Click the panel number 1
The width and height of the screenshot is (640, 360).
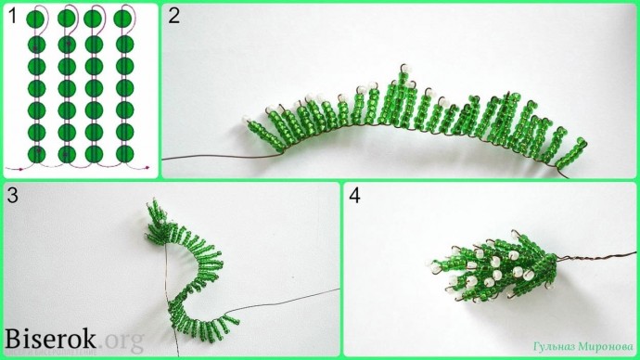click(13, 17)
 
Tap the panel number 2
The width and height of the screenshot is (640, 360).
click(173, 17)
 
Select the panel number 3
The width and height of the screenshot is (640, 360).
click(13, 196)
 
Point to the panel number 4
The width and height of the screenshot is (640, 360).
click(354, 196)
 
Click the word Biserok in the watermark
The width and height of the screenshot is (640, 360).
click(50, 339)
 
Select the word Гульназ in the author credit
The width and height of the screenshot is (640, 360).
click(553, 347)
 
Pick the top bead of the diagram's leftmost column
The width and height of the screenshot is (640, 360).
click(36, 19)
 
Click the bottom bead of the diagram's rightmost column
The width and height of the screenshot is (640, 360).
click(125, 154)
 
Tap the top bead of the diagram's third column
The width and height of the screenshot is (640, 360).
click(93, 19)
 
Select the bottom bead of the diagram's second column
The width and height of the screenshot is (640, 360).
click(67, 155)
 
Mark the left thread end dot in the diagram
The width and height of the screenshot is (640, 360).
click(20, 169)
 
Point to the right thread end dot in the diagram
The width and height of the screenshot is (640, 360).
click(147, 167)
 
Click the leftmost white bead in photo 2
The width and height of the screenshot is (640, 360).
click(246, 119)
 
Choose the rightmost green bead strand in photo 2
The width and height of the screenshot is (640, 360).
click(572, 153)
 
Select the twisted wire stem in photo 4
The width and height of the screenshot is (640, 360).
click(595, 257)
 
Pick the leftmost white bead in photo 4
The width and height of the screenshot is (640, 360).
click(429, 264)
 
